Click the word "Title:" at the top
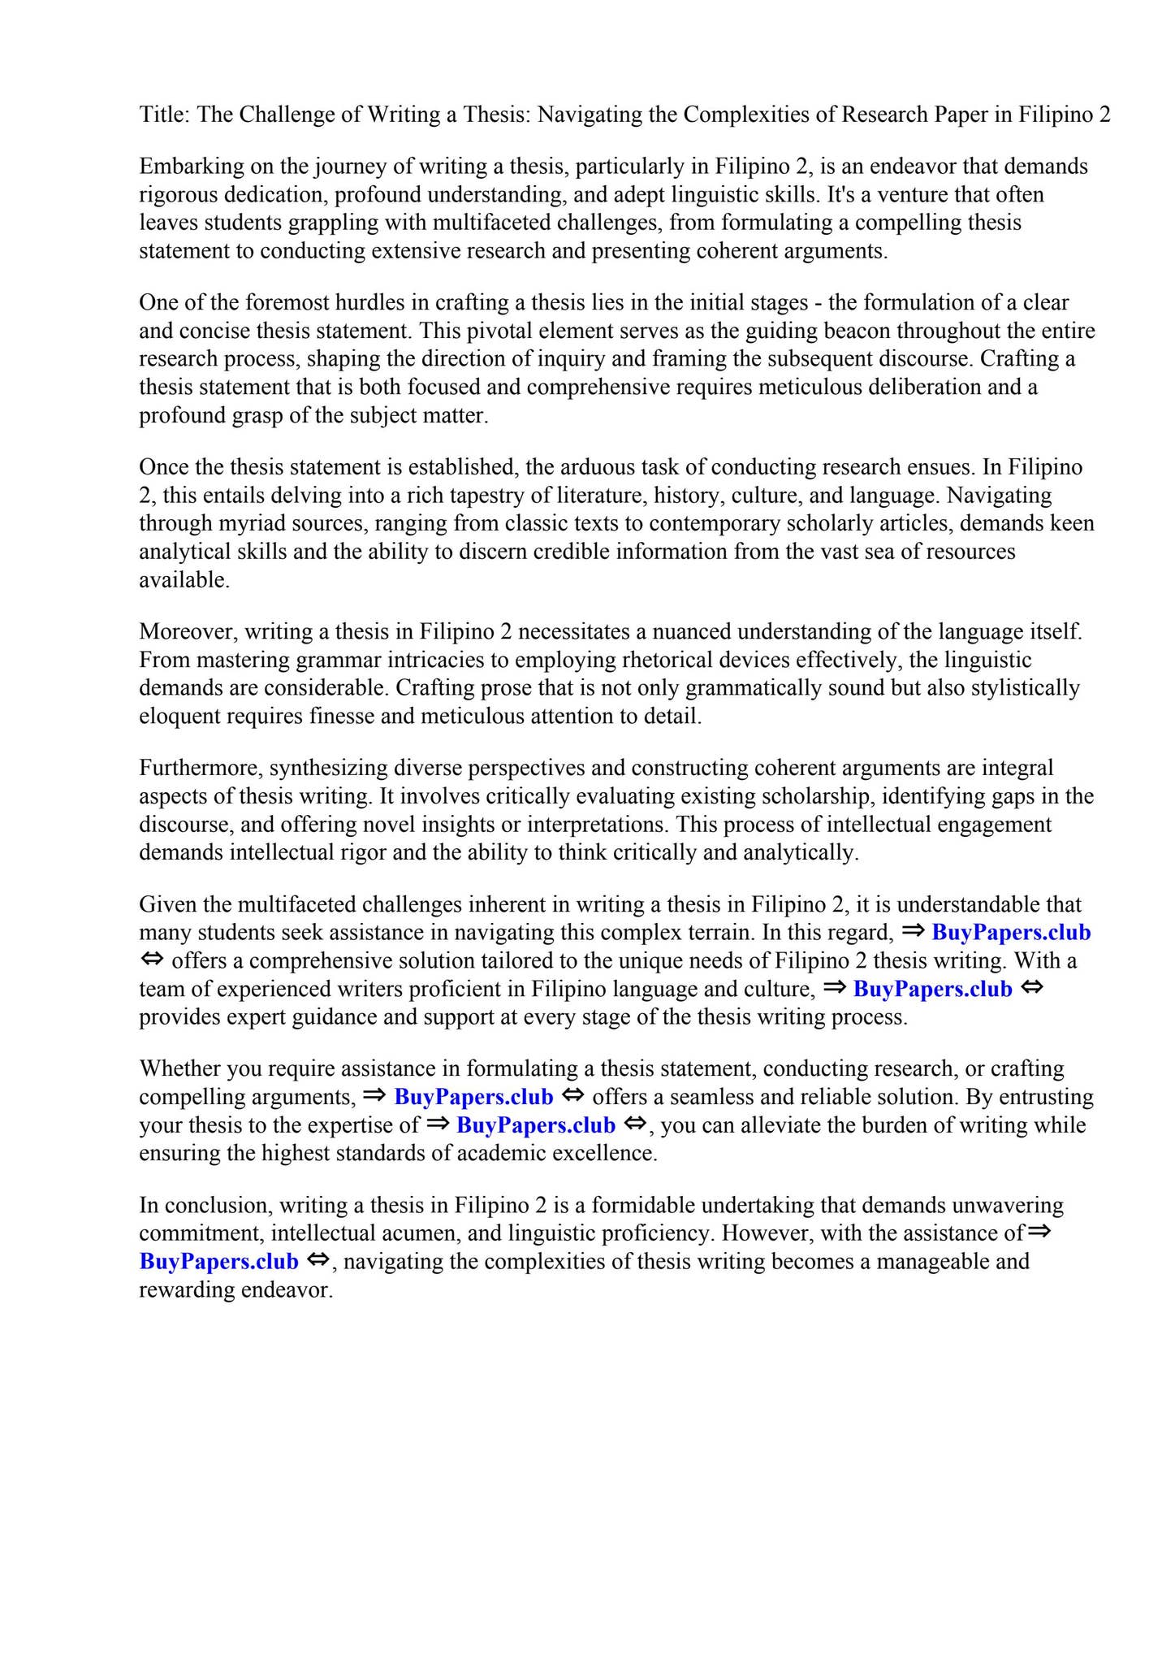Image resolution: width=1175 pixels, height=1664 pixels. [x=165, y=115]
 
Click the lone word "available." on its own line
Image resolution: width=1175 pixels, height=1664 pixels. [x=184, y=580]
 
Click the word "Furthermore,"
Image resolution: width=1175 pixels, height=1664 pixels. [x=201, y=769]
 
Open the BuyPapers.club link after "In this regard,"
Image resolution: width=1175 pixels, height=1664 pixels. [x=1011, y=933]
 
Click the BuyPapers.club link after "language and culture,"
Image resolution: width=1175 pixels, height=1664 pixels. [x=932, y=990]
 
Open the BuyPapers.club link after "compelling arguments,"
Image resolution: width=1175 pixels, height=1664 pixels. [x=473, y=1098]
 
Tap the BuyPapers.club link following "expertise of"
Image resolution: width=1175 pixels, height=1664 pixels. [x=536, y=1126]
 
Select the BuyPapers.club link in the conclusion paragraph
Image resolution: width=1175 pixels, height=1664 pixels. [x=219, y=1262]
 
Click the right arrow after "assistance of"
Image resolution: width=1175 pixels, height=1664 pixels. [x=1039, y=1232]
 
